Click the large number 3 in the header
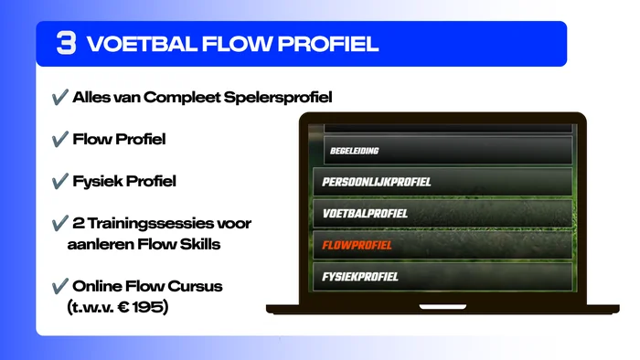click(66, 43)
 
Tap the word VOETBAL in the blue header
click(142, 44)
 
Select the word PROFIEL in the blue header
click(328, 44)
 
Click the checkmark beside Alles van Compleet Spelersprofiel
click(60, 98)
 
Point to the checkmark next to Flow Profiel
click(60, 139)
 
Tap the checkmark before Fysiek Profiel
click(60, 181)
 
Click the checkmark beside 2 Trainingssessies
click(60, 224)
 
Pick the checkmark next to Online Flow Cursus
click(60, 286)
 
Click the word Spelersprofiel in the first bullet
click(278, 98)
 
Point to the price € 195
click(140, 307)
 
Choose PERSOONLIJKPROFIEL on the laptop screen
click(377, 182)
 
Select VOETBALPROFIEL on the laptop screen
click(365, 214)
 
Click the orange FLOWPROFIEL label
click(357, 245)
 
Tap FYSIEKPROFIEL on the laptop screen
click(360, 277)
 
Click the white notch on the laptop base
click(443, 307)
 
